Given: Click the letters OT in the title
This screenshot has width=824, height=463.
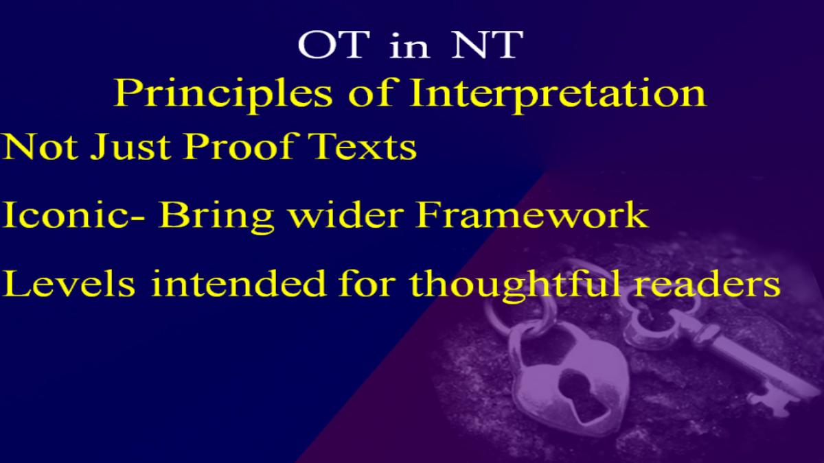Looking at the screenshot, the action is point(334,45).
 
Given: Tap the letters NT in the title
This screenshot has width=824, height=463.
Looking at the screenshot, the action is point(488,45).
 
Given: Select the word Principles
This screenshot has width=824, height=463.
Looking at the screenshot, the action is point(223,95).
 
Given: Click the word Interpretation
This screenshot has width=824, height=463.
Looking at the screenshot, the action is point(558,95).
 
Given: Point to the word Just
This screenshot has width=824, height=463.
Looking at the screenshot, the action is point(130,146).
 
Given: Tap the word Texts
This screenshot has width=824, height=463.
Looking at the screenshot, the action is point(363,146).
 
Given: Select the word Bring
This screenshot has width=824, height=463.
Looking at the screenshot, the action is point(217,217).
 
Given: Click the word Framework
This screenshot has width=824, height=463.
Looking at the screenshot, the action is point(531,214).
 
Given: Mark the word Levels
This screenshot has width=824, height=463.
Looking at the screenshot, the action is point(69,283).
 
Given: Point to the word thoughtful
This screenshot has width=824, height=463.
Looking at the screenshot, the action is point(515,285).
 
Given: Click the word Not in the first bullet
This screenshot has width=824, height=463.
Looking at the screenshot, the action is point(40,146).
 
